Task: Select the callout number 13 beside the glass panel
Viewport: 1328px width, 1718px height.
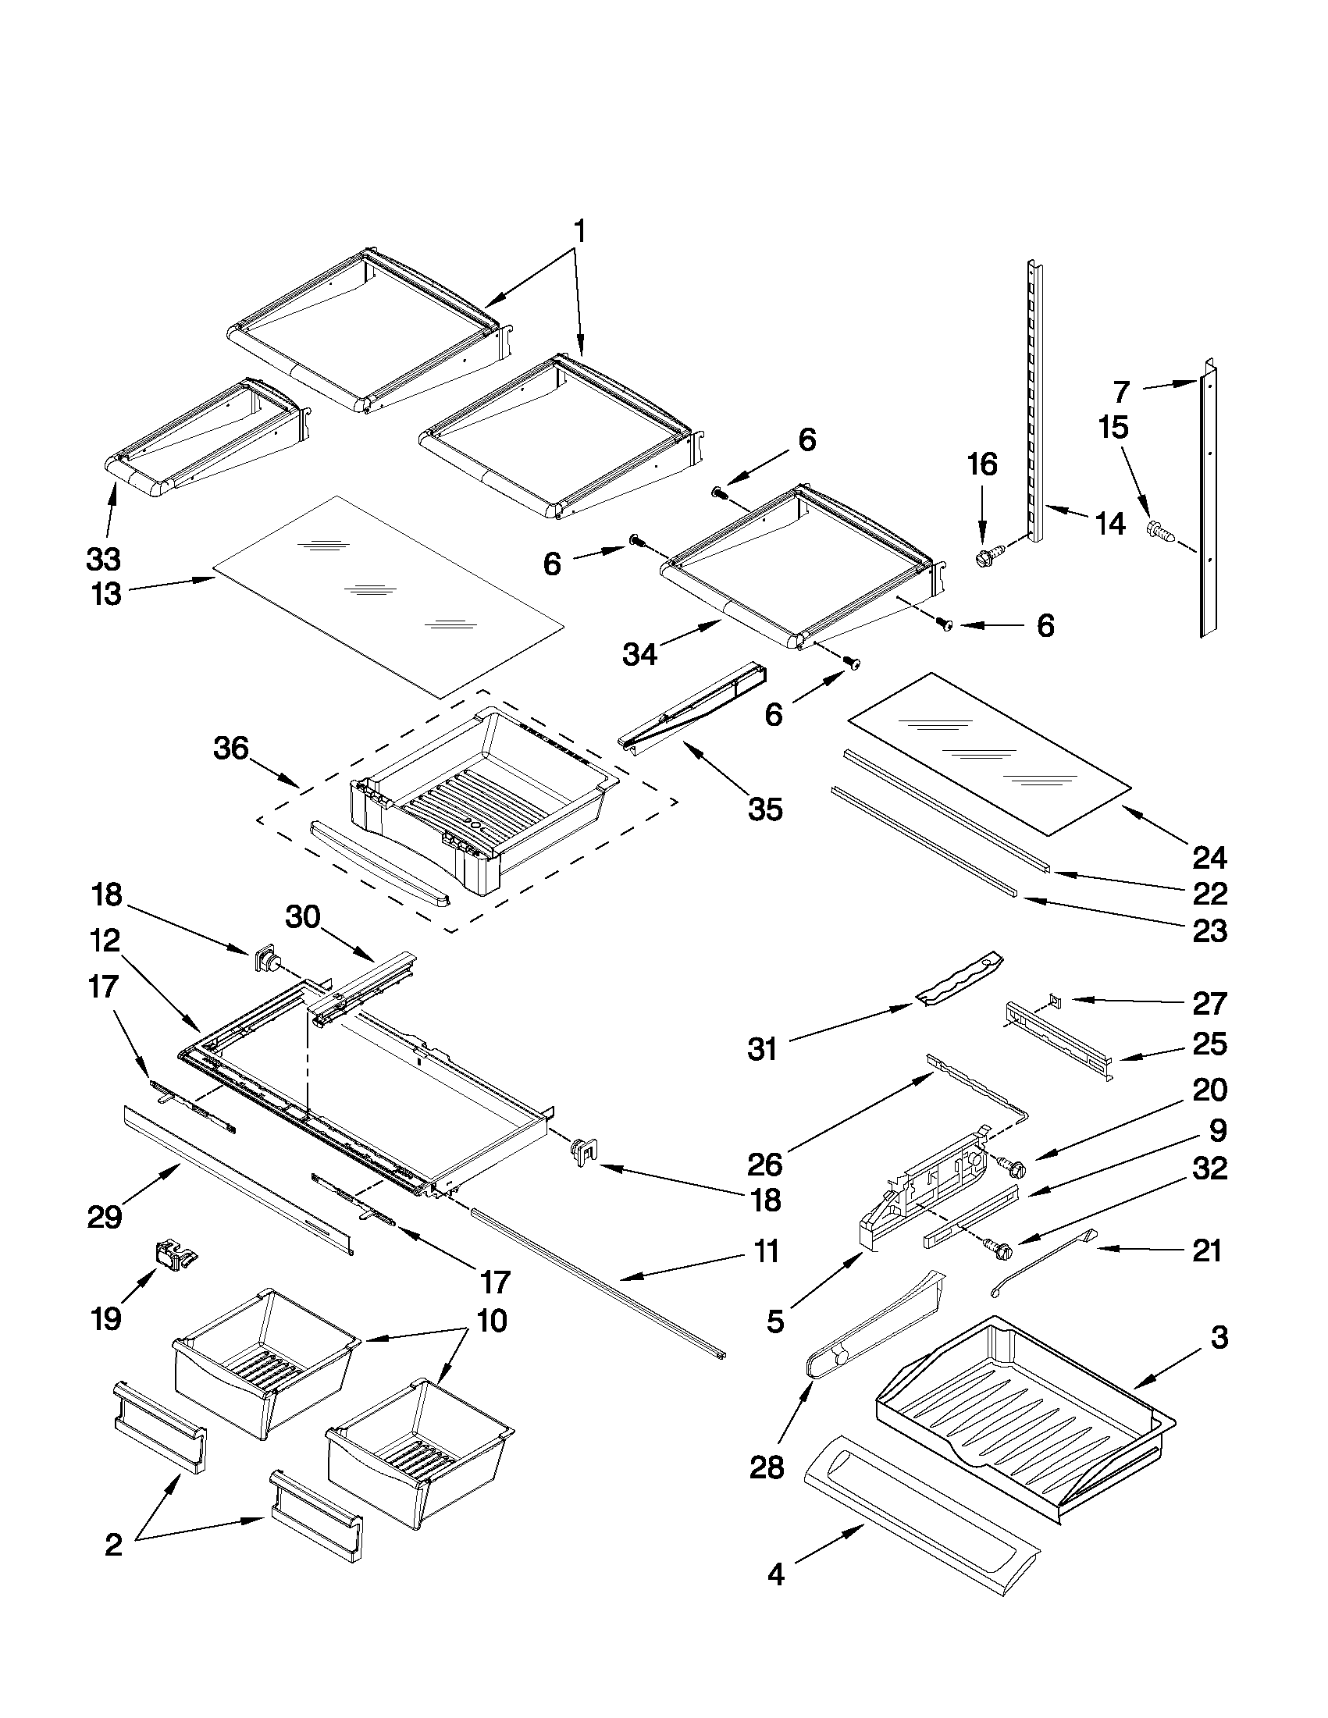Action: coord(105,594)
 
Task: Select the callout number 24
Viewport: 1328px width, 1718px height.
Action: coord(1209,857)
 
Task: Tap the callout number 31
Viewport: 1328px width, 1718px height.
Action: coord(761,1049)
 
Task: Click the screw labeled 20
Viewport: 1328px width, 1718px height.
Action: coord(1010,1170)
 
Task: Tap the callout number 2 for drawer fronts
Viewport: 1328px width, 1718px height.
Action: coord(113,1545)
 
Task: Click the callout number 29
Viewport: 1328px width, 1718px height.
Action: coord(105,1218)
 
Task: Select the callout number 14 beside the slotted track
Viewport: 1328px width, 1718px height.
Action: coord(1110,523)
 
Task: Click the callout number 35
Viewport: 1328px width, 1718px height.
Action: coord(764,809)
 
